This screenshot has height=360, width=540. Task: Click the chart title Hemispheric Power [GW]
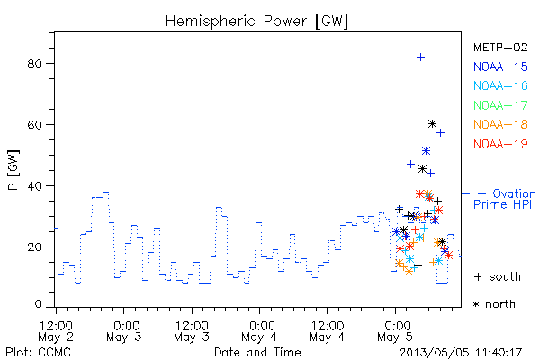(x=256, y=21)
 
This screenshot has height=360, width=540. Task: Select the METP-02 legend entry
(x=500, y=47)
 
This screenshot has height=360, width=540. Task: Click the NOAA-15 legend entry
(x=500, y=67)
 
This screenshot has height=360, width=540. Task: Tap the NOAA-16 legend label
(x=500, y=85)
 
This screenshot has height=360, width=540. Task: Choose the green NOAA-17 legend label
(x=500, y=105)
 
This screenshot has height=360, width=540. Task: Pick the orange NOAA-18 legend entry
(x=500, y=124)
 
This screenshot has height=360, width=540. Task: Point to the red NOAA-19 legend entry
(x=500, y=144)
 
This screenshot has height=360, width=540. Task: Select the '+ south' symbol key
(x=498, y=276)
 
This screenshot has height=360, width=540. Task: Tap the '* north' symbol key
(x=494, y=304)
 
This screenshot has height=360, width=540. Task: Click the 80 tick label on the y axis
(x=34, y=64)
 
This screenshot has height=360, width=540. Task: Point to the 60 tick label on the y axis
(x=34, y=125)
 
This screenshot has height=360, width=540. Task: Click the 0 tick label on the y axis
(x=38, y=304)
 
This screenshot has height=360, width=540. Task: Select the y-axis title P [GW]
(x=13, y=170)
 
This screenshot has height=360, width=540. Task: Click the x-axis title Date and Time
(x=257, y=352)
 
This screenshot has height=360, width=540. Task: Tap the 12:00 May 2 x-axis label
(x=56, y=331)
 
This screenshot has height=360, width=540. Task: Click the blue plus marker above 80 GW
(x=420, y=58)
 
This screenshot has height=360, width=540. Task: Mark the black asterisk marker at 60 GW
(x=433, y=123)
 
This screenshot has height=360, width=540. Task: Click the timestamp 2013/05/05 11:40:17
(x=461, y=352)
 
